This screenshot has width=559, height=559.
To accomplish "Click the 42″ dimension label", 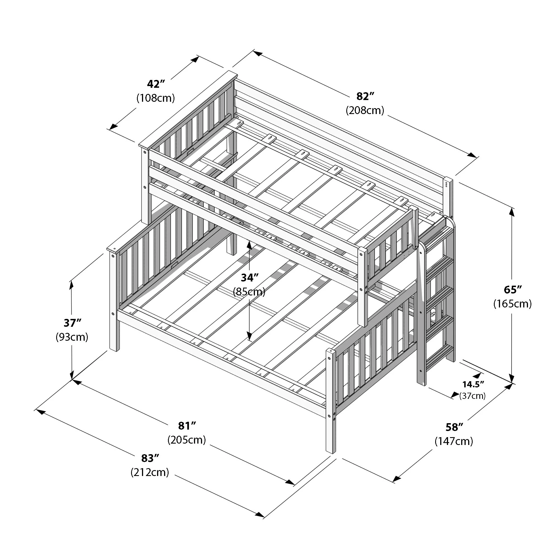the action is point(156,84).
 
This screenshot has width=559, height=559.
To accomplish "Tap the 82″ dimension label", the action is point(365,96).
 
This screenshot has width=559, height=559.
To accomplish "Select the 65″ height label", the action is point(512,290).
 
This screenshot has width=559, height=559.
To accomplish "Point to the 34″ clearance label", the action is point(249,278).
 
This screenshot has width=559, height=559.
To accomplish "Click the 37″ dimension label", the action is point(72,323).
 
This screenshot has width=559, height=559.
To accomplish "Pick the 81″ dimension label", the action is point(187,426).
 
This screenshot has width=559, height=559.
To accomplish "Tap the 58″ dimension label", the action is point(454,427).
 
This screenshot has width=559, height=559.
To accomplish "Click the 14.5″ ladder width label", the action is point(473,385).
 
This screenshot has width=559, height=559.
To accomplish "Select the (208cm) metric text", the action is point(365,110).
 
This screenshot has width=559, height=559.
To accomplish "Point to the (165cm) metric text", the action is point(512,304).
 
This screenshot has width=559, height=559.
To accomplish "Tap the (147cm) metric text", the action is point(454,441).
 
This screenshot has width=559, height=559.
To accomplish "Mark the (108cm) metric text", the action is point(156,98).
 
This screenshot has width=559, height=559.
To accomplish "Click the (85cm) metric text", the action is point(249,292).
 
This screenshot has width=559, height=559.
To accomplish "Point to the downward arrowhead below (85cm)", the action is point(249,336).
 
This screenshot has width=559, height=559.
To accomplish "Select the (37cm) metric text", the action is point(472,396).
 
